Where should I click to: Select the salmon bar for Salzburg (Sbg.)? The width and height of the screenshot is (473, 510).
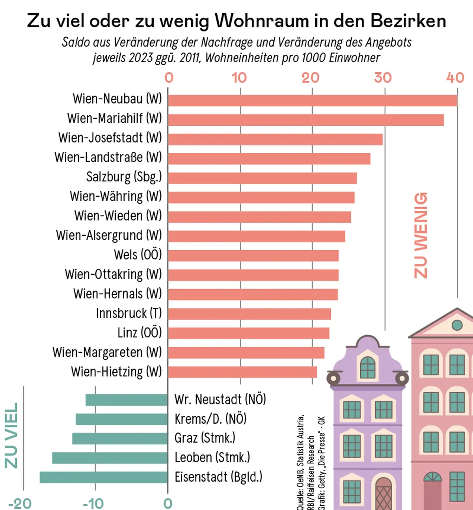(x=262, y=178)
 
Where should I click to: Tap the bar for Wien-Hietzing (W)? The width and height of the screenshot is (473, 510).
(x=242, y=372)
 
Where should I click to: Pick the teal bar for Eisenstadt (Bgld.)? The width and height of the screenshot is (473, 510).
(x=104, y=477)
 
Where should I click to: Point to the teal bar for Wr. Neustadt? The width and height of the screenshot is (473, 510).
(x=127, y=400)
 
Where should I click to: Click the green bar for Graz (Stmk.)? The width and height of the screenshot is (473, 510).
(x=120, y=439)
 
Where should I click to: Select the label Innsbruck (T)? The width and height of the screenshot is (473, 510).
(x=129, y=313)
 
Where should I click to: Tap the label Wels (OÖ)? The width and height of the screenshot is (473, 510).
(x=138, y=255)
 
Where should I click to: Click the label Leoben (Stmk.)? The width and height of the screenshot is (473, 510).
(x=212, y=458)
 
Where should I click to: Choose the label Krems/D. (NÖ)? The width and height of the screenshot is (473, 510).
(x=210, y=419)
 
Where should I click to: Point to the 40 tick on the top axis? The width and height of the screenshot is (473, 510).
(x=455, y=78)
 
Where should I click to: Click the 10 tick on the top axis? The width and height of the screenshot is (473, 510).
(x=239, y=78)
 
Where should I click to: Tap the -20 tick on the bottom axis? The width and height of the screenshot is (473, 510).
(x=20, y=503)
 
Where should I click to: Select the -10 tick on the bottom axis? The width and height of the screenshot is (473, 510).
(x=93, y=503)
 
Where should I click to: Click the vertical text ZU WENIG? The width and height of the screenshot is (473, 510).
(x=421, y=235)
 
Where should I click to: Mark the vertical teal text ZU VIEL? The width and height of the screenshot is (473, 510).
(x=11, y=436)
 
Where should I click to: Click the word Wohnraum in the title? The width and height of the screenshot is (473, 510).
(x=262, y=21)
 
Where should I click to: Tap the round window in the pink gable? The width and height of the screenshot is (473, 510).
(x=457, y=325)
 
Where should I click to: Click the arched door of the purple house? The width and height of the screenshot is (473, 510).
(x=383, y=493)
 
